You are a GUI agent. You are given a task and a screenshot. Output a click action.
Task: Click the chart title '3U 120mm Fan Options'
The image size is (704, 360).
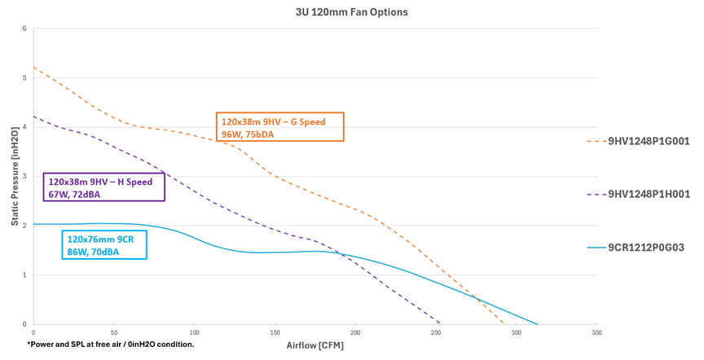[351, 12]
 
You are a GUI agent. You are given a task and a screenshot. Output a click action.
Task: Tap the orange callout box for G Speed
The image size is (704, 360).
[279, 128]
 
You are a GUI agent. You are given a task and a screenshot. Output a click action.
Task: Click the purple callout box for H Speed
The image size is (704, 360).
[103, 187]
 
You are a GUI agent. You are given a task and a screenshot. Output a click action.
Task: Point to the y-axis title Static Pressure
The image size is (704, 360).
[14, 177]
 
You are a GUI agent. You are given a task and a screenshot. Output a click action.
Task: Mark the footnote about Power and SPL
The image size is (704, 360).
[111, 345]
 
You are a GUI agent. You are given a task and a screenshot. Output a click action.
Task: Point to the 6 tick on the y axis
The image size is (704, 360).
[24, 29]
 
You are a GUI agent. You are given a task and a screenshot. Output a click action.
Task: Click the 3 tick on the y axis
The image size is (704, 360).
[24, 177]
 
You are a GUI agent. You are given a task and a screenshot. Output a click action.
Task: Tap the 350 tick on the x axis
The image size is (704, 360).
[597, 332]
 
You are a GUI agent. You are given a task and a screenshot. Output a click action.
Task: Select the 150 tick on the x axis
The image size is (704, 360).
[275, 332]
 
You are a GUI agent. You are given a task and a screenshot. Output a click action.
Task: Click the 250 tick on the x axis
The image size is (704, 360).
[436, 332]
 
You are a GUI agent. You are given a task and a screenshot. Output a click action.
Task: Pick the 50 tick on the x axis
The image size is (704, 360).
[113, 332]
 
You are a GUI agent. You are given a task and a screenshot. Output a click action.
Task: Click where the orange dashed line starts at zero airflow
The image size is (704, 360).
[33, 67]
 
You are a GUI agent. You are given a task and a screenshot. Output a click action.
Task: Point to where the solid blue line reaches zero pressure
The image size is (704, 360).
[538, 323]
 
